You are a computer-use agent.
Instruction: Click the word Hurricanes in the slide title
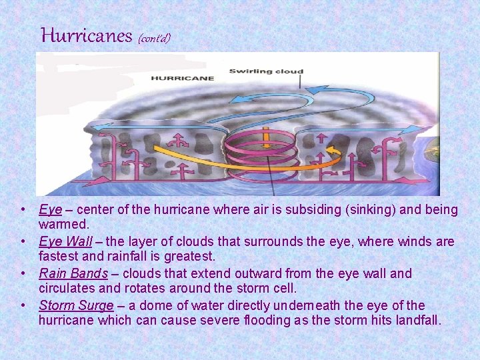point(87,35)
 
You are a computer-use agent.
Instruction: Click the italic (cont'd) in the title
point(154,38)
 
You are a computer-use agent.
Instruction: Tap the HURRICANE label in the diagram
point(183,78)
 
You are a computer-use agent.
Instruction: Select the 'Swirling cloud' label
point(266,71)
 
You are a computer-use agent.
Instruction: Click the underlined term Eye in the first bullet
point(50,210)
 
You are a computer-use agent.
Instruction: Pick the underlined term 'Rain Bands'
point(73,273)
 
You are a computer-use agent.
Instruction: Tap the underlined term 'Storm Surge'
point(75,305)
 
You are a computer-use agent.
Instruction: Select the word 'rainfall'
point(134,257)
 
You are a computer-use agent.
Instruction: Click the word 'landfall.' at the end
point(415,321)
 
